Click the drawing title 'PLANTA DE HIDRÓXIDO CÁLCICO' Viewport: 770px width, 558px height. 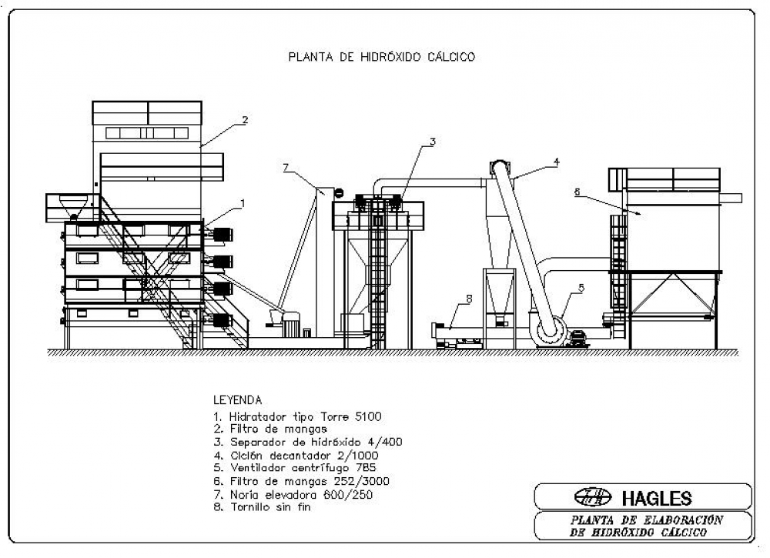[382, 57]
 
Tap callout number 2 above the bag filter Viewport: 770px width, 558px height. [245, 120]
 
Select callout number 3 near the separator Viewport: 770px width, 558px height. [432, 142]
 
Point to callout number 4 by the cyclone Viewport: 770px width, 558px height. [556, 162]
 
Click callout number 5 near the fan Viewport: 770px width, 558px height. [581, 288]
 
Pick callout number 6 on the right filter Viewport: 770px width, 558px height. [577, 192]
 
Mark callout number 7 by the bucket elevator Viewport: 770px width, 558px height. [286, 168]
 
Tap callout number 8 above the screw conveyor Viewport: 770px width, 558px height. [469, 299]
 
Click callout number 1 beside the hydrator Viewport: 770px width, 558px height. [242, 203]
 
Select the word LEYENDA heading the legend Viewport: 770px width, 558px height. [238, 400]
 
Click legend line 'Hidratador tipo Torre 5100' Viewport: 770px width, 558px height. [297, 416]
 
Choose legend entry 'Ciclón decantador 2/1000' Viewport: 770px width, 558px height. [296, 456]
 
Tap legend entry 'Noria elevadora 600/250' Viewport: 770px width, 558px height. [293, 494]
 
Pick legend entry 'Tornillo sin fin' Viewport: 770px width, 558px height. [263, 507]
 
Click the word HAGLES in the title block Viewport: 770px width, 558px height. [657, 499]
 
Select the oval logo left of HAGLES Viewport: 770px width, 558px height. [593, 497]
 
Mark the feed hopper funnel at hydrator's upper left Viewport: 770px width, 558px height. [73, 205]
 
